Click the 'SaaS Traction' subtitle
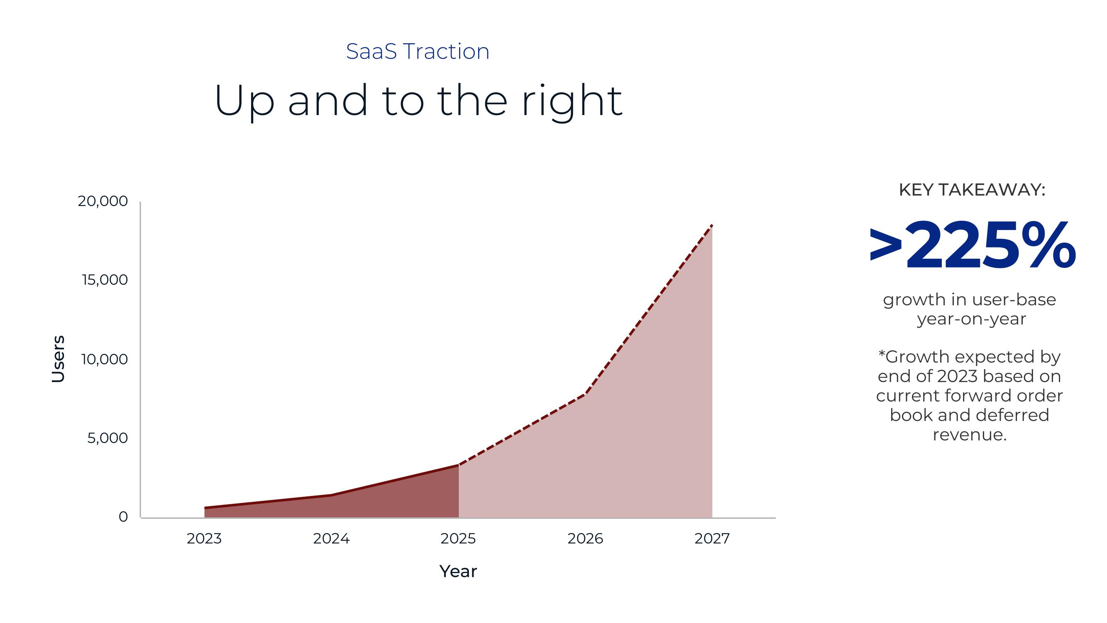click(418, 52)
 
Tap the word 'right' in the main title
click(572, 102)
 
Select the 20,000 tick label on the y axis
click(103, 201)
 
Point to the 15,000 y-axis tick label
click(105, 280)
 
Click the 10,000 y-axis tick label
click(105, 359)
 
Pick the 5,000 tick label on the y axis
click(108, 438)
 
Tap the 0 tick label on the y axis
click(123, 517)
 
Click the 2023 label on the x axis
click(204, 539)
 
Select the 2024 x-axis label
click(331, 539)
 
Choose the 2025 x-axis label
click(458, 539)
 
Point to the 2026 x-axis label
click(585, 539)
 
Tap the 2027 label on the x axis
click(712, 539)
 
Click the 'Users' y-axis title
click(58, 359)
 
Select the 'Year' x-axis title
click(458, 571)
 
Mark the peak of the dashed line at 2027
click(712, 225)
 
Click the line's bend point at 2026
click(585, 394)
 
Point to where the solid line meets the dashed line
click(459, 465)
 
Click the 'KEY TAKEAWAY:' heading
click(972, 190)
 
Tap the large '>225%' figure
click(972, 246)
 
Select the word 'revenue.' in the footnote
click(970, 435)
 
